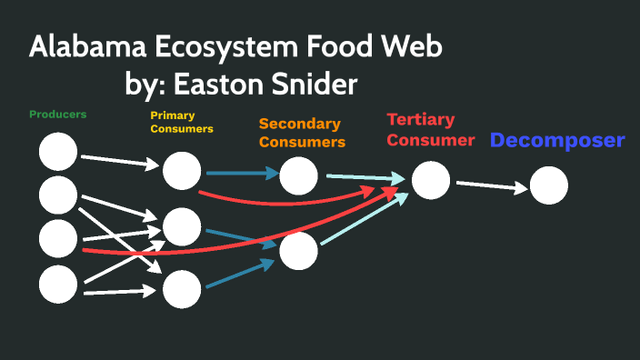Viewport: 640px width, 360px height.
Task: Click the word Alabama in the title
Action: (x=83, y=47)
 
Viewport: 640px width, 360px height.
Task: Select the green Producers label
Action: (x=58, y=115)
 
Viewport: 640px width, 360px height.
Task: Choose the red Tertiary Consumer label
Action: (x=430, y=129)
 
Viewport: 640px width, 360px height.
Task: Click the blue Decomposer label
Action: (x=557, y=141)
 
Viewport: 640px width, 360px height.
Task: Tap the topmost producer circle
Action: (x=58, y=151)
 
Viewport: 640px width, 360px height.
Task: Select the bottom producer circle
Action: (x=58, y=284)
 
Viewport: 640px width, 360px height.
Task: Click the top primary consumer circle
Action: (x=182, y=171)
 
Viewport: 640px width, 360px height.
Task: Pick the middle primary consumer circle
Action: (x=182, y=226)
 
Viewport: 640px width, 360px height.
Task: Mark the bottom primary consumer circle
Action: (x=182, y=289)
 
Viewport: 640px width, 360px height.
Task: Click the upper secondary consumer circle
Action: (x=299, y=175)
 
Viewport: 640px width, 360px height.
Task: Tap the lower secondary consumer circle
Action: (x=299, y=251)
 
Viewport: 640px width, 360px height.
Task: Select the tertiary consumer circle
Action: (x=431, y=180)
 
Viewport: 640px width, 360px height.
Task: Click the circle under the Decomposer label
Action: (x=548, y=185)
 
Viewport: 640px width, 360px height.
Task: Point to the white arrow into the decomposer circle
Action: (x=492, y=187)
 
